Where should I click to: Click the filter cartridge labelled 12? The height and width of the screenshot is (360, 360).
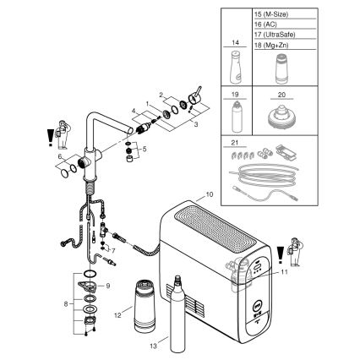141,303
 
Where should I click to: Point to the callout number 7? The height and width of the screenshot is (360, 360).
113,251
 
